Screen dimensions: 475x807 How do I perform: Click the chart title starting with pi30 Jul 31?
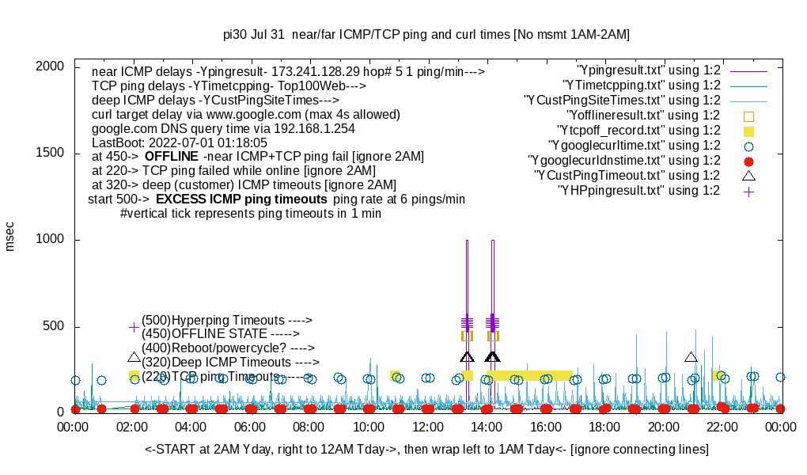point(426,34)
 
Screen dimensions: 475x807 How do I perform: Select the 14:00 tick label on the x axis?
point(487,427)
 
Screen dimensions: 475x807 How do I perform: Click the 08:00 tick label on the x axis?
point(310,427)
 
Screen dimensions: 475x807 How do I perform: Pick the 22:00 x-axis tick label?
point(722,427)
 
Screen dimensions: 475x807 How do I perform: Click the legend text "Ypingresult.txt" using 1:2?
point(649,70)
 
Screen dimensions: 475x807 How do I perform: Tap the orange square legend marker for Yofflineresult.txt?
point(748,116)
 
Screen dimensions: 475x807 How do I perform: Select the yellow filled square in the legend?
point(748,131)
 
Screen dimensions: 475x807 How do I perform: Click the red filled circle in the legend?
point(748,161)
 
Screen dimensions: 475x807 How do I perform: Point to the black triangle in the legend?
point(748,175)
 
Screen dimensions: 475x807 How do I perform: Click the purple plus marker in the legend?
point(748,191)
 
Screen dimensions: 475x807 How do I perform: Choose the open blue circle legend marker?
point(748,146)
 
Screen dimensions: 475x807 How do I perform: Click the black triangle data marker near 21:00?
point(691,358)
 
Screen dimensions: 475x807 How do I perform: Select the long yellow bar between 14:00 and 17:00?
point(529,375)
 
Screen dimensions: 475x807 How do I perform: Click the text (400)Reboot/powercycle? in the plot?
point(211,348)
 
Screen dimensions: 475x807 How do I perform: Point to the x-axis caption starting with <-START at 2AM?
point(426,450)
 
